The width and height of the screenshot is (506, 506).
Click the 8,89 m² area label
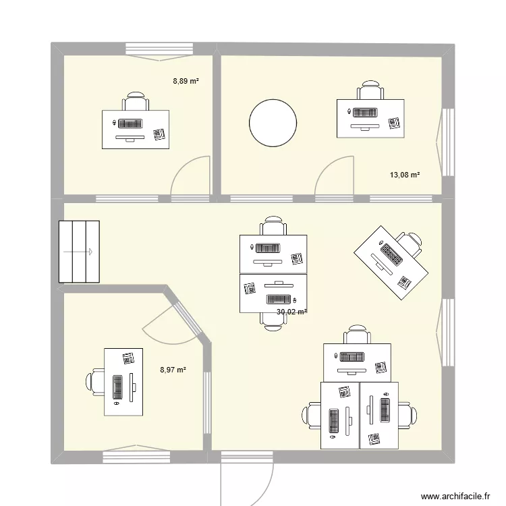tap(186, 81)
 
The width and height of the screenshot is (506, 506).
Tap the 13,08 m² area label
tap(405, 175)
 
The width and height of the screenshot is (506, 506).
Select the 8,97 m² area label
tap(173, 369)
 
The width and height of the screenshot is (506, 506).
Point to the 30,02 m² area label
tap(291, 312)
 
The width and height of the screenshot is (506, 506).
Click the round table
tap(273, 123)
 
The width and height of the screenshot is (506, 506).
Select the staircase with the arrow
tap(80, 251)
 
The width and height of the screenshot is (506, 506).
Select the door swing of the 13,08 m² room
tap(335, 177)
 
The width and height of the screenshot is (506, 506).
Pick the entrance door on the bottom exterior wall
tap(247, 472)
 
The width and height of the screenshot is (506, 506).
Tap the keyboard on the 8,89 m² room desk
tap(131, 123)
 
